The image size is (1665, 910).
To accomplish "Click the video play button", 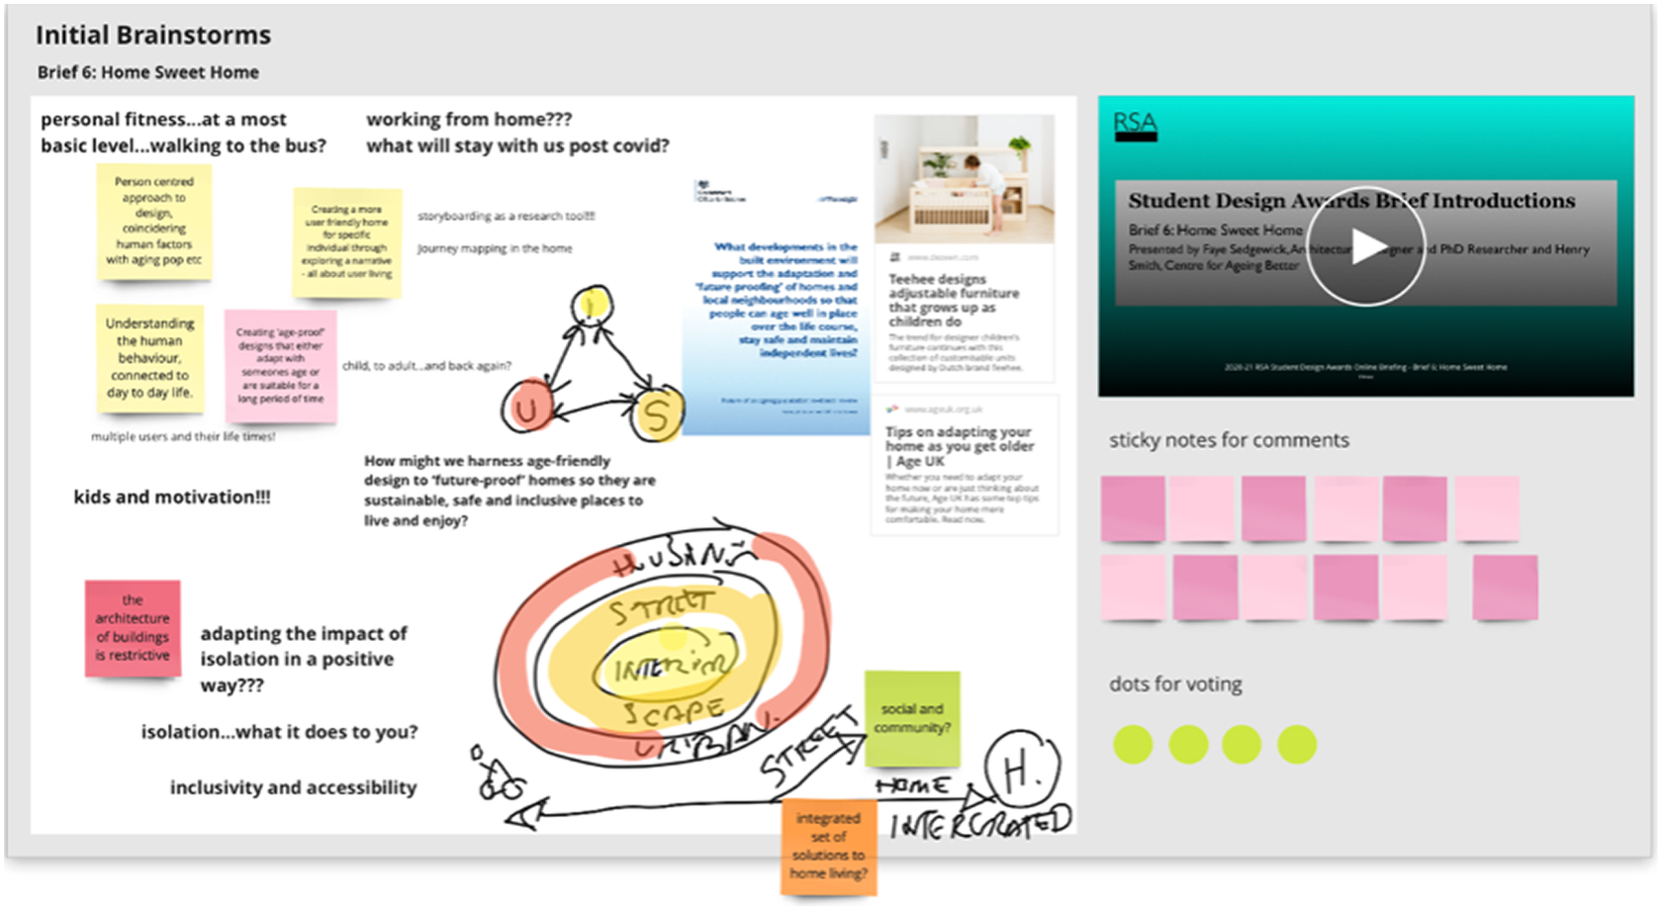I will click(x=1366, y=246).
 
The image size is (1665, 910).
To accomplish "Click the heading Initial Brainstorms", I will click(x=153, y=36).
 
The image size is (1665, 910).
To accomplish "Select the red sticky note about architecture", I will click(x=133, y=628).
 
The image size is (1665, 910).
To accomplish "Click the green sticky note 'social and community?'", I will click(x=912, y=719).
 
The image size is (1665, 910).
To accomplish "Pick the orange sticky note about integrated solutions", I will click(x=829, y=846).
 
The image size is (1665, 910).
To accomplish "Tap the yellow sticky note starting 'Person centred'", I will click(x=153, y=221).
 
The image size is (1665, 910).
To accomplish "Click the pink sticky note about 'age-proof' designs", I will click(x=280, y=365).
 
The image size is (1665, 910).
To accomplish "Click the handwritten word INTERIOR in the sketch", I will click(x=670, y=669).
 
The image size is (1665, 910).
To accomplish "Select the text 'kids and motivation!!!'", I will click(x=172, y=497).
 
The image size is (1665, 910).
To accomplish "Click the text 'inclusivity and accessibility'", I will click(x=293, y=787).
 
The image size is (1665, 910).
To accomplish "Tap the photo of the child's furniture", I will click(x=964, y=178).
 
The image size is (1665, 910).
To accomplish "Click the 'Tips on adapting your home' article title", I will click(x=959, y=446).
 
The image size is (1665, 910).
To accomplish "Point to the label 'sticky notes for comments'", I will click(x=1229, y=440).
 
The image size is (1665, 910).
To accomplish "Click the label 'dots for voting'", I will click(x=1175, y=683).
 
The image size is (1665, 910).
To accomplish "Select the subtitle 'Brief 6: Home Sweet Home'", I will click(x=148, y=72).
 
